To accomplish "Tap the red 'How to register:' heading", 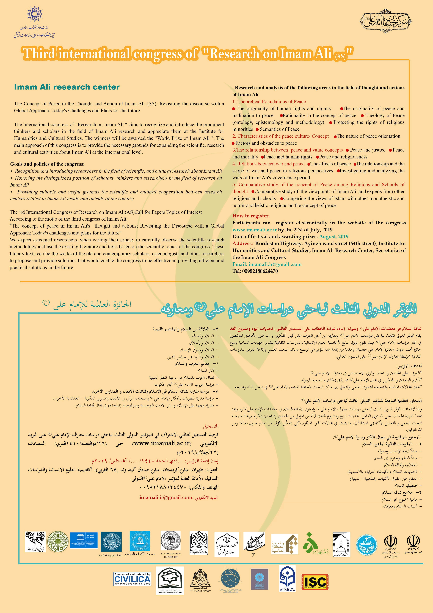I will pyautogui.click(x=251, y=216).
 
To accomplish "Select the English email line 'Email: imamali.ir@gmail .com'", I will pyautogui.click(x=267, y=264).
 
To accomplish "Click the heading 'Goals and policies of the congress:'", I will pyautogui.click(x=47, y=164).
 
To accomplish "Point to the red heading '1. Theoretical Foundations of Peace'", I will pyautogui.click(x=269, y=101).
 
